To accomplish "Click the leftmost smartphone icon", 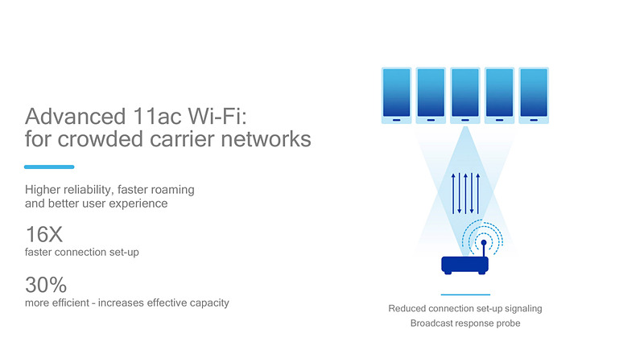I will [396, 95].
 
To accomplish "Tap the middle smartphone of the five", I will [464, 95].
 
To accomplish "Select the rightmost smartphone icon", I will [534, 95].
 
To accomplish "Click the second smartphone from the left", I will [431, 95].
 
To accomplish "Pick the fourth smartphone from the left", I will [499, 95].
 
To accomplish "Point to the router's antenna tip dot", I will [483, 241].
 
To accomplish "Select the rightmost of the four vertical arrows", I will [478, 192].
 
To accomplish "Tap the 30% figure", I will [45, 285].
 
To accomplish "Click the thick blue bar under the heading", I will [49, 167].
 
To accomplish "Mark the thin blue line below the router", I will [465, 294].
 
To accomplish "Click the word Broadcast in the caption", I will [436, 323].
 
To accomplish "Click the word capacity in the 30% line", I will [208, 302].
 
